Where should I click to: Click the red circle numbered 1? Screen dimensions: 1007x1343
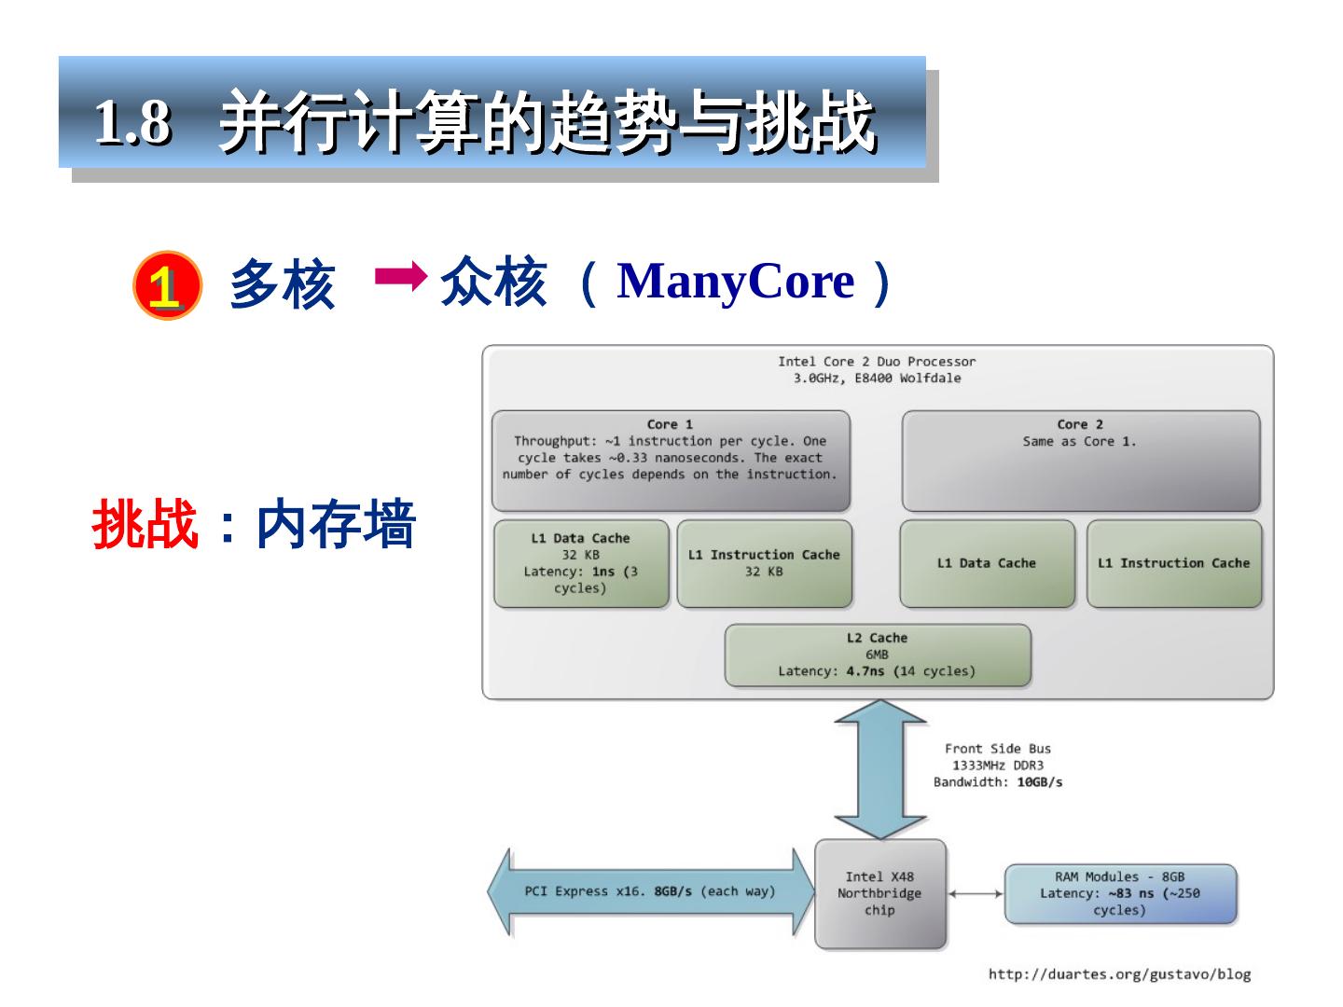click(x=167, y=285)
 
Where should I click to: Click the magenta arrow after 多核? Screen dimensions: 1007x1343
click(x=400, y=276)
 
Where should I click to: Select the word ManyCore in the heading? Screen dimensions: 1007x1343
click(x=735, y=281)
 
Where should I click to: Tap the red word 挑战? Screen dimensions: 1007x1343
click(x=145, y=524)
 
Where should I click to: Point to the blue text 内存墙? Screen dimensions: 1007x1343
click(x=335, y=524)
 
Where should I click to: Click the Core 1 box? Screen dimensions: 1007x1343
click(x=671, y=461)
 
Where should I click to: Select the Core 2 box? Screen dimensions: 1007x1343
click(x=1080, y=461)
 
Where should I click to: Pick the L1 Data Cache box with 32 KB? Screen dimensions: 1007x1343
click(x=581, y=563)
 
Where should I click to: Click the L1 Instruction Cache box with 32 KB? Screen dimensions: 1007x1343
click(x=764, y=563)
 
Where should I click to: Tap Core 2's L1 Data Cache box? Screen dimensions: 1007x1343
click(x=987, y=563)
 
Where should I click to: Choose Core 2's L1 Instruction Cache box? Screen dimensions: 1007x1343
click(x=1173, y=563)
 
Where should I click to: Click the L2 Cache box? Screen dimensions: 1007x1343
click(x=877, y=655)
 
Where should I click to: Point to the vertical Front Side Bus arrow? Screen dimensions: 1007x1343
click(x=879, y=769)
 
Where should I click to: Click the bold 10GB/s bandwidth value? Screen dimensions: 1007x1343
click(x=1039, y=782)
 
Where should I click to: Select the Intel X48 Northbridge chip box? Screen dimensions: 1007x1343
click(x=879, y=893)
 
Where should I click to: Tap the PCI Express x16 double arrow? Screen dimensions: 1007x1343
click(x=650, y=891)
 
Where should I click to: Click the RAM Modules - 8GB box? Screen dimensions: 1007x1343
click(x=1119, y=893)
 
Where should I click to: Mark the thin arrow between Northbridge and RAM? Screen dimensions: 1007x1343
click(x=976, y=893)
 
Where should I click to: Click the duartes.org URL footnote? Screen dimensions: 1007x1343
click(x=1119, y=974)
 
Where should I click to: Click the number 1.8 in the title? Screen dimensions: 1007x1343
click(x=133, y=121)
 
